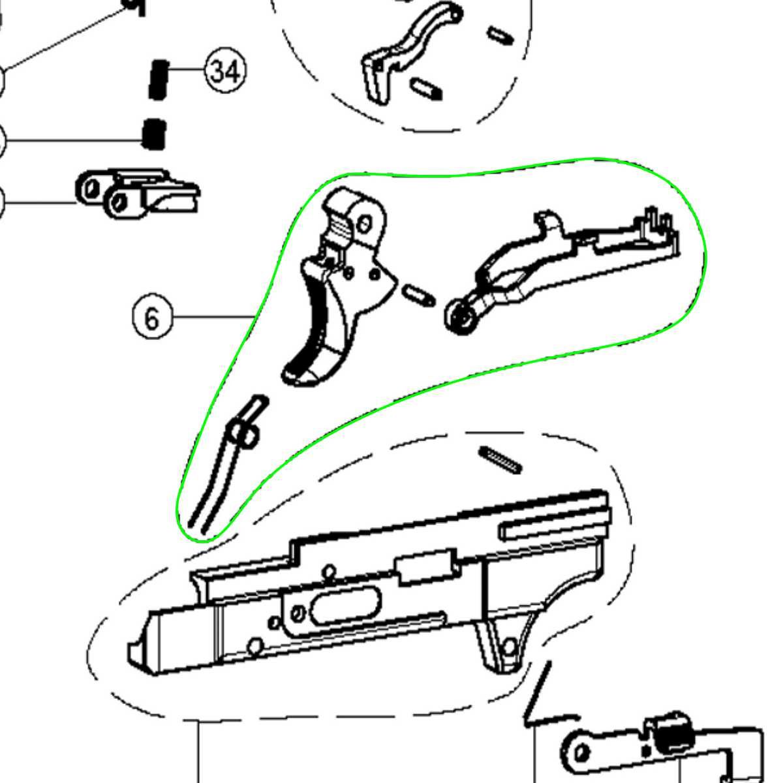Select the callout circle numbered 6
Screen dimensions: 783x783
click(153, 318)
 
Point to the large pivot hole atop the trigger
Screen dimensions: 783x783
click(365, 224)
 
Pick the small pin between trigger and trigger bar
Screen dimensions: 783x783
click(418, 295)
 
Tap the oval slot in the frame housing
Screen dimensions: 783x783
click(346, 606)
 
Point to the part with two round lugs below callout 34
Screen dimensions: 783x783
click(137, 192)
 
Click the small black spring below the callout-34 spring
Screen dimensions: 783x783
click(154, 134)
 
